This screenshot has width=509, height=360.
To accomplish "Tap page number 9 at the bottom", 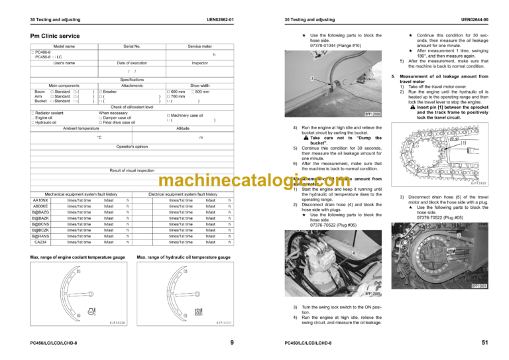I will [x=230, y=342].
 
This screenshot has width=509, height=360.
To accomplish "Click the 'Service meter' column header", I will [x=199, y=46].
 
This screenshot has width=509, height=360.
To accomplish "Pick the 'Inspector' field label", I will [x=199, y=62].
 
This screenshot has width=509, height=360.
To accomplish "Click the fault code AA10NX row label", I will [x=40, y=201].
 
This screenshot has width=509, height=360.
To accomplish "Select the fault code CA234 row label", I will [x=40, y=243].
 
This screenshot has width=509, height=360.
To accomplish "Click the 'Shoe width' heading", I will [x=199, y=85].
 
